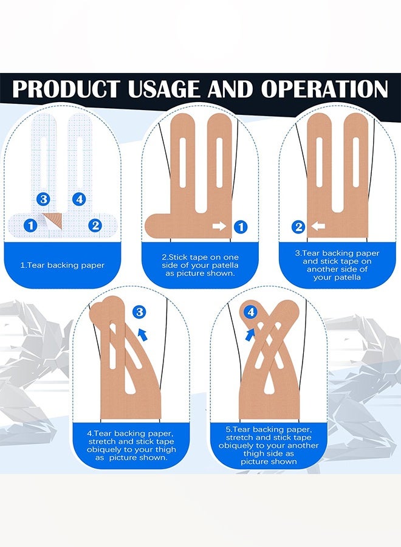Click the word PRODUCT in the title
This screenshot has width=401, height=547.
pyautogui.click(x=66, y=89)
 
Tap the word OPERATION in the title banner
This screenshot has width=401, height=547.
pyautogui.click(x=324, y=89)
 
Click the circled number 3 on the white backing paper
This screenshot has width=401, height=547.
pyautogui.click(x=43, y=199)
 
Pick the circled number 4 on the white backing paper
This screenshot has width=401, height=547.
pyautogui.click(x=79, y=199)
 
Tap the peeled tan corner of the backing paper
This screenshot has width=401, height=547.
pyautogui.click(x=53, y=220)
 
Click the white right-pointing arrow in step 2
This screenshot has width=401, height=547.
pyautogui.click(x=219, y=227)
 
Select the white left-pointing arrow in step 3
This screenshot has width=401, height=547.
pyautogui.click(x=318, y=227)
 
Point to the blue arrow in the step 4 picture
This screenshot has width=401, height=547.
pyautogui.click(x=143, y=334)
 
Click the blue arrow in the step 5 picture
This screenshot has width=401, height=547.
pyautogui.click(x=250, y=334)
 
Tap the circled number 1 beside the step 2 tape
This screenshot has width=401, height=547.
pyautogui.click(x=241, y=227)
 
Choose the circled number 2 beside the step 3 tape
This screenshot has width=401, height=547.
pyautogui.click(x=298, y=227)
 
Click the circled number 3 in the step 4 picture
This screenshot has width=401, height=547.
pyautogui.click(x=140, y=312)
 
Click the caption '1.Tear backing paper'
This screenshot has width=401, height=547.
pyautogui.click(x=63, y=266)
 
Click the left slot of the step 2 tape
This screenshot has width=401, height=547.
pyautogui.click(x=183, y=163)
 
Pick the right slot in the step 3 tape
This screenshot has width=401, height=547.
pyautogui.click(x=355, y=162)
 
